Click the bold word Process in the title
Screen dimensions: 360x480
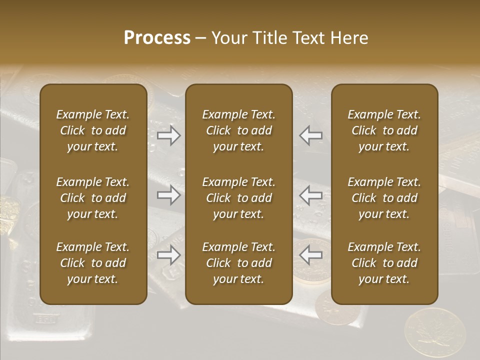(157, 38)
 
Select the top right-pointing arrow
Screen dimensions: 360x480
(169, 135)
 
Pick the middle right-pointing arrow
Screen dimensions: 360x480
(169, 195)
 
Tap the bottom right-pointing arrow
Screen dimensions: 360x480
(169, 255)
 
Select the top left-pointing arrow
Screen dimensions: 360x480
(311, 135)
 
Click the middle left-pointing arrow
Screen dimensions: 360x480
(311, 195)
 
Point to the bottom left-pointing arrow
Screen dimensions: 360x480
(311, 255)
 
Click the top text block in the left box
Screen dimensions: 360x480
(93, 130)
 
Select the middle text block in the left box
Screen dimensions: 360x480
(93, 198)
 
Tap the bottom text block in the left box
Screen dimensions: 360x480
(93, 263)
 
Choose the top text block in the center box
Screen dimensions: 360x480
(239, 130)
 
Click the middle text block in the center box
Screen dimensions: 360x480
(239, 198)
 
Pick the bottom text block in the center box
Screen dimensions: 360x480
(239, 263)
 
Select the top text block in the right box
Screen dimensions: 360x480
(384, 130)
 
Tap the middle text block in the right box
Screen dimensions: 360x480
(384, 198)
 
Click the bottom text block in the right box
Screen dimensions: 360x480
(384, 263)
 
